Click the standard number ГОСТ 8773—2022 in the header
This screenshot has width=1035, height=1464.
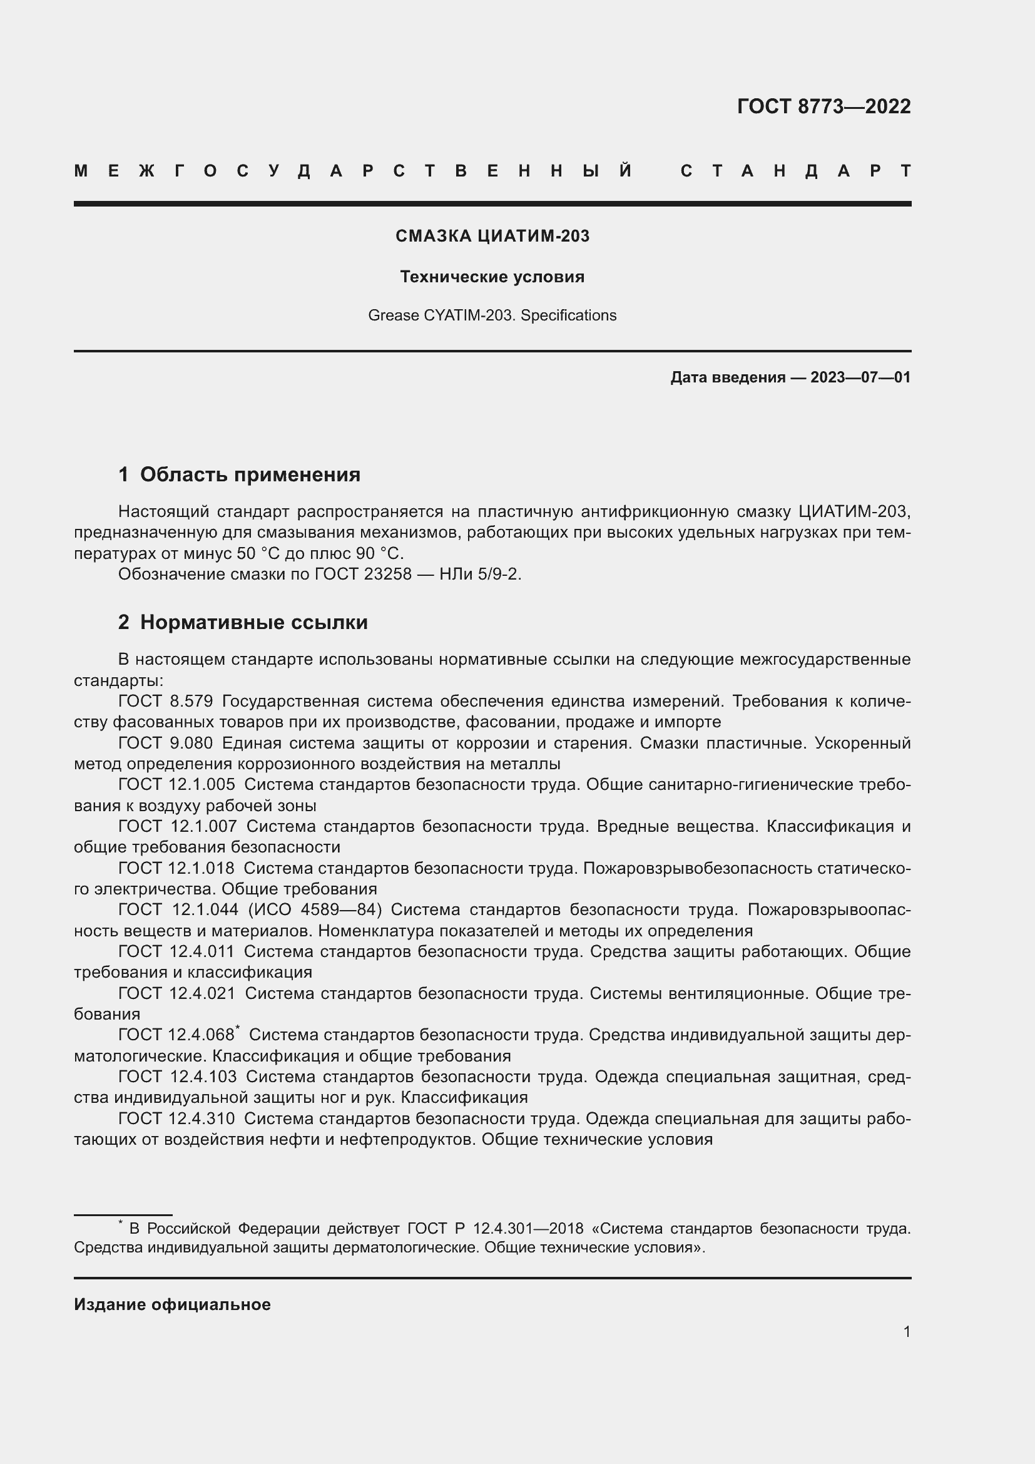coord(823,106)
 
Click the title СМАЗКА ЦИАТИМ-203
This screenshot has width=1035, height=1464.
coord(492,236)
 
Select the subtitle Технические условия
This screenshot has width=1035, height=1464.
coord(492,277)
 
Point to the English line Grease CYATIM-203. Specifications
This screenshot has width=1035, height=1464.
coord(492,315)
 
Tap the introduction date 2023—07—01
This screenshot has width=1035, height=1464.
coord(860,377)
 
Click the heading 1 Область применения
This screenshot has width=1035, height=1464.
coord(239,474)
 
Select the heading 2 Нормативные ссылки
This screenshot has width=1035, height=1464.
coord(243,622)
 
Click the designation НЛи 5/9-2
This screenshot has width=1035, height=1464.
coord(480,575)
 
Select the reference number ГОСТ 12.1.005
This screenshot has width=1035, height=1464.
coord(176,785)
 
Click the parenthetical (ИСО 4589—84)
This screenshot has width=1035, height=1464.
coord(315,910)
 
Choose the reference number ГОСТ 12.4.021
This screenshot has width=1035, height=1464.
coord(176,993)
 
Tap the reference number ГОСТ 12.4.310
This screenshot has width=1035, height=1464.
coord(176,1118)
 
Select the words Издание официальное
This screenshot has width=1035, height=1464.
coord(172,1304)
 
